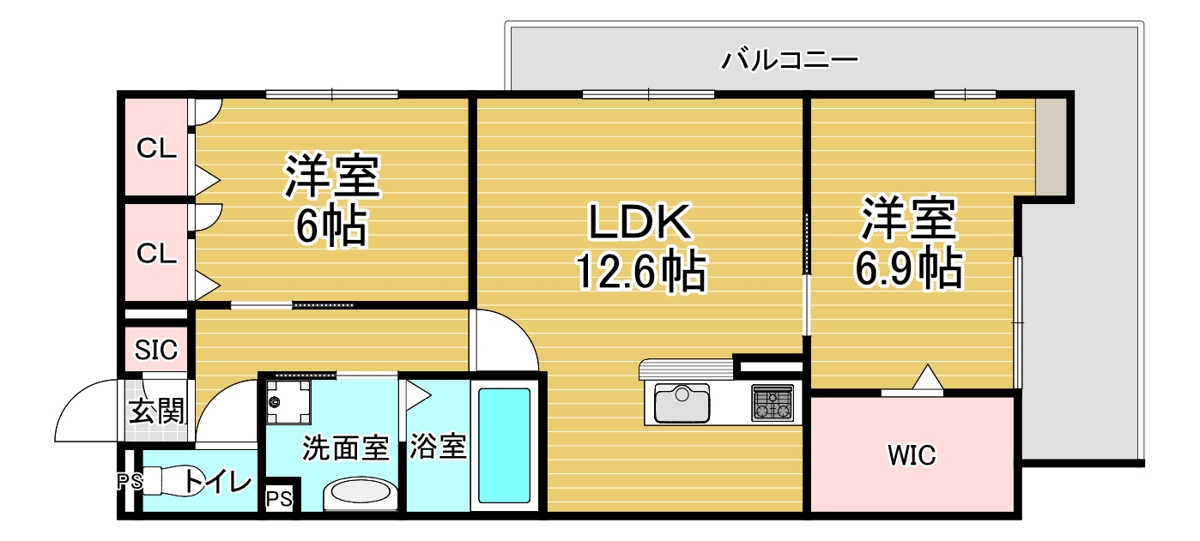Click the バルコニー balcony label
[x=790, y=60]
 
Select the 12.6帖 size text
[x=639, y=273]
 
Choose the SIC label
[x=156, y=350]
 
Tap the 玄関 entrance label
[x=157, y=412]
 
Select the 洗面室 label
[x=346, y=447]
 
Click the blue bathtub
[x=504, y=446]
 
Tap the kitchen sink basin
[x=682, y=403]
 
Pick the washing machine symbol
[x=288, y=401]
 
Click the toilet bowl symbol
[x=176, y=481]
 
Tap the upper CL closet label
[x=157, y=148]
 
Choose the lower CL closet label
[x=157, y=253]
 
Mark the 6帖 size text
[x=331, y=227]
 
